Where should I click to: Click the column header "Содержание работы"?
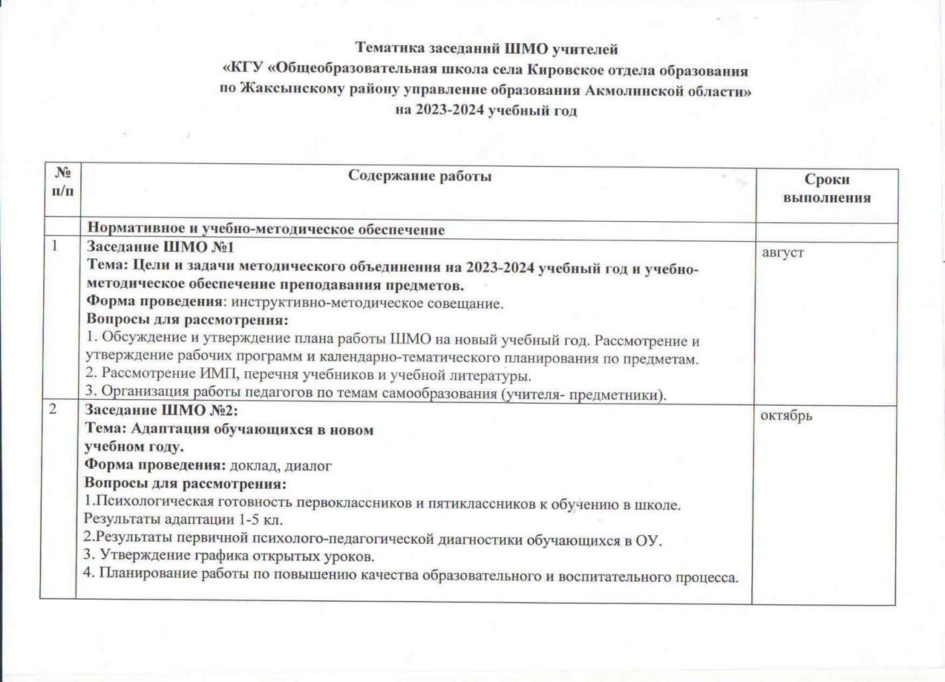tap(419, 176)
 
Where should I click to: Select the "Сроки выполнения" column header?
tap(826, 189)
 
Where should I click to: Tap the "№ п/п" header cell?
tap(63, 182)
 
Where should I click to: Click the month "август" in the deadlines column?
tap(783, 252)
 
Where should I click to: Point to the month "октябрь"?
tap(786, 416)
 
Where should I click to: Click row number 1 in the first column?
tap(56, 246)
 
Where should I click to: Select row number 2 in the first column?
tap(52, 409)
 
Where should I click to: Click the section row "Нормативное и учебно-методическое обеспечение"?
tap(266, 230)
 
